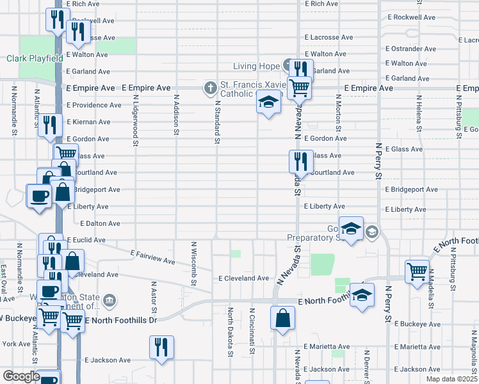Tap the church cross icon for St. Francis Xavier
tap(210, 87)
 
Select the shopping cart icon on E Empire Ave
tap(298, 87)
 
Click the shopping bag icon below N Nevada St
tap(282, 317)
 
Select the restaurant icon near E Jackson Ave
tap(161, 347)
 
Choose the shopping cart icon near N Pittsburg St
tap(417, 270)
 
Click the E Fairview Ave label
tap(152, 257)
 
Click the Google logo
tap(21, 376)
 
